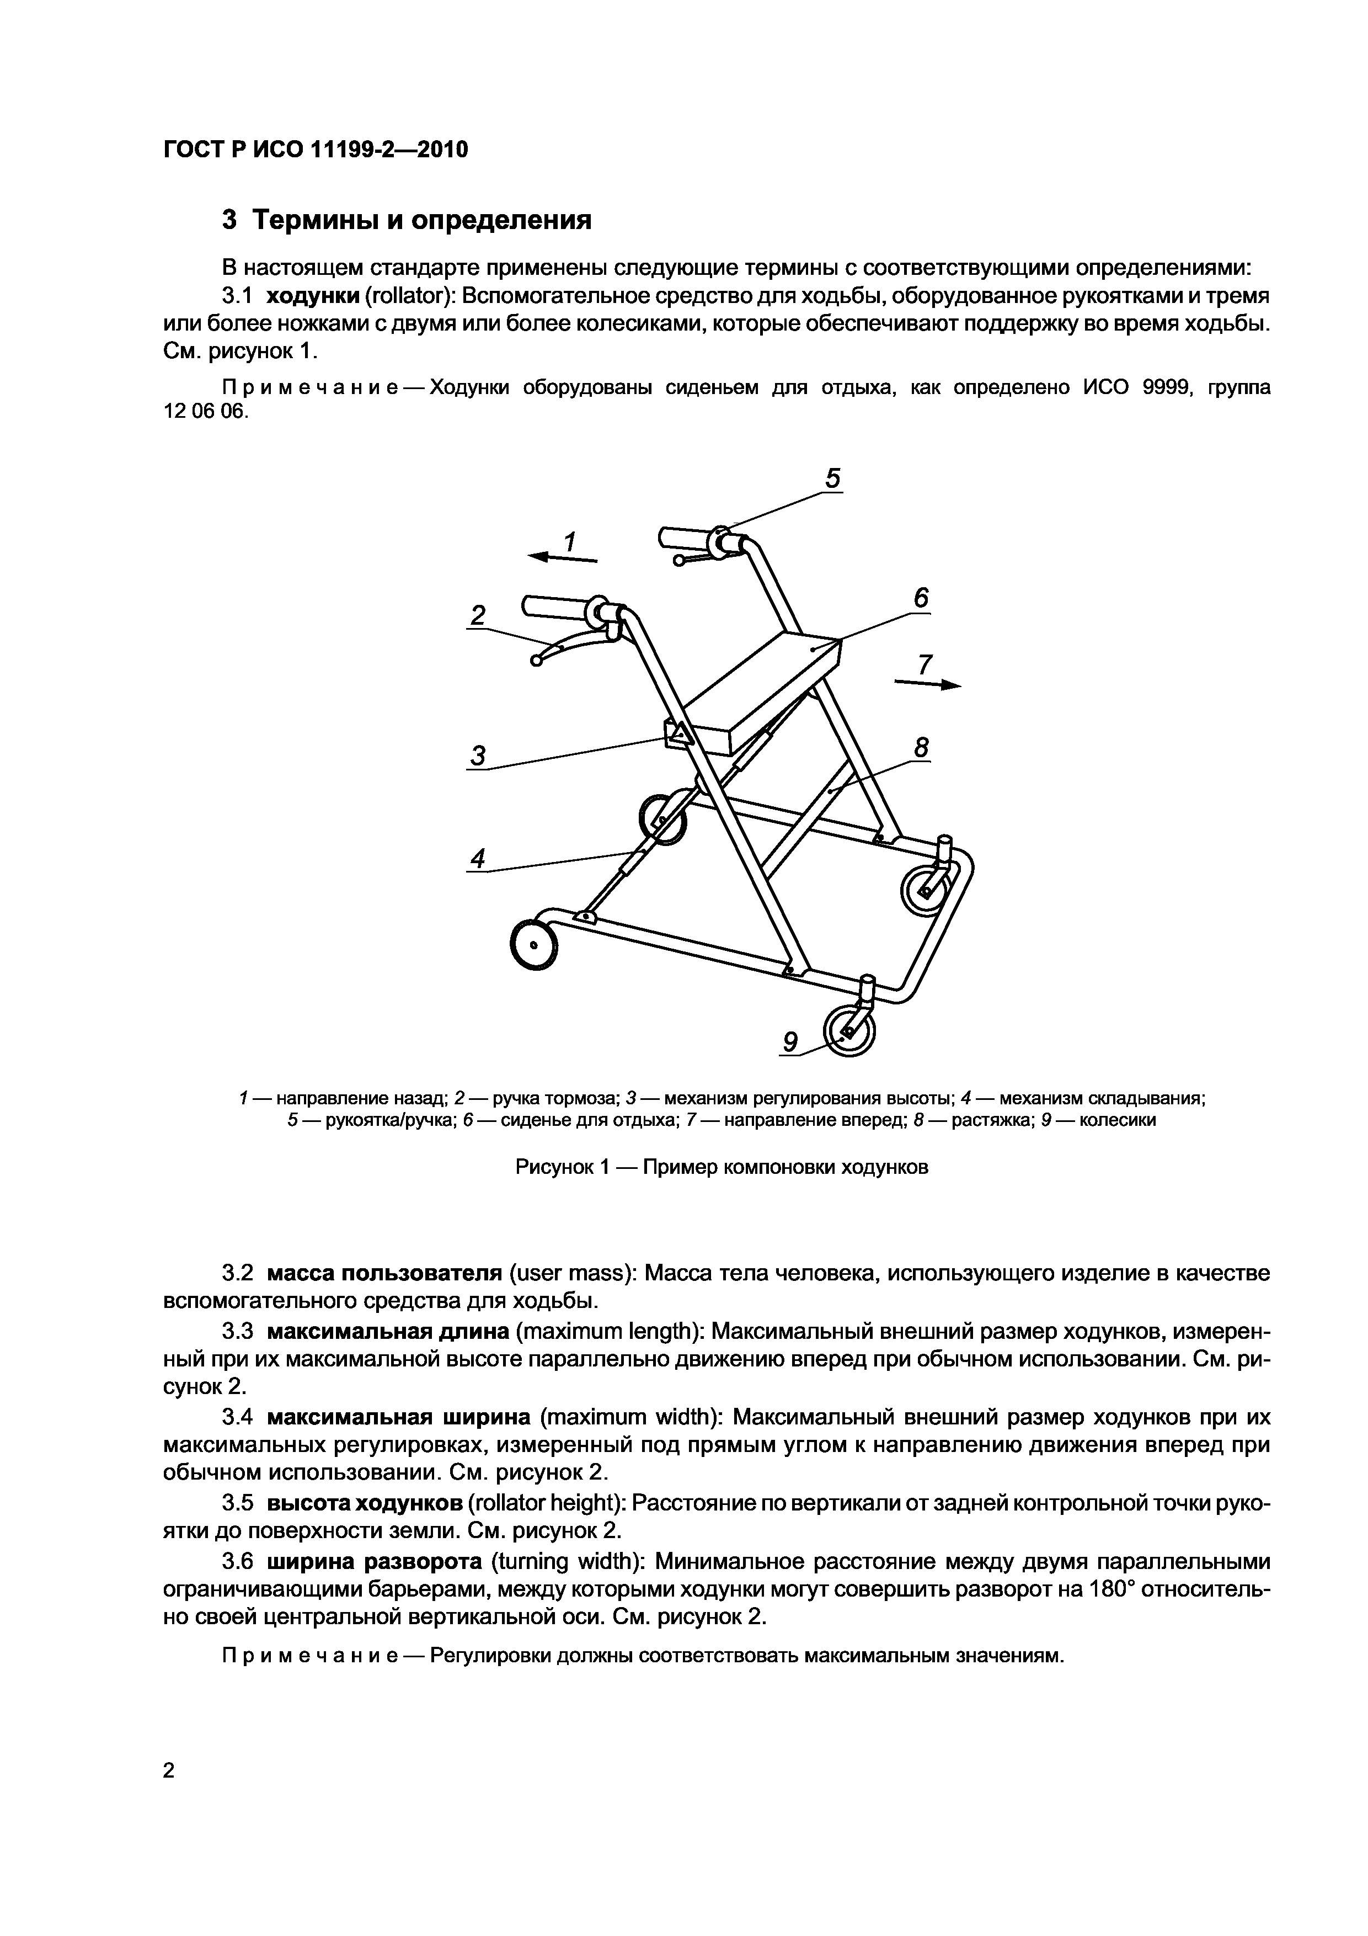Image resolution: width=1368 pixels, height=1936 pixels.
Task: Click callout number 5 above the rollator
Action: tap(832, 479)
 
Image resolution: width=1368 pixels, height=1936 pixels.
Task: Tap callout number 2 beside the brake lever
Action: tap(478, 615)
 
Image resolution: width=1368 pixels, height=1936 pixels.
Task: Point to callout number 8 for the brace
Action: tap(921, 747)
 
